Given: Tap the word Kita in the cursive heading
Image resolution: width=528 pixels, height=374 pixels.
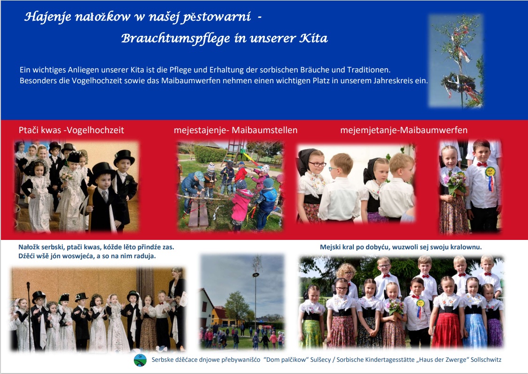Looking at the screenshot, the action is click(x=313, y=38).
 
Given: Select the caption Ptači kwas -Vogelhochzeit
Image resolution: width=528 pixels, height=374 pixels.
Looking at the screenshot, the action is click(x=71, y=130).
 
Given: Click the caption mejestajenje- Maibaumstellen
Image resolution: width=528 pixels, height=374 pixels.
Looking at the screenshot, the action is click(x=236, y=130).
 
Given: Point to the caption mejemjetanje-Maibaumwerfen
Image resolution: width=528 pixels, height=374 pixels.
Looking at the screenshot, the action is click(x=404, y=130).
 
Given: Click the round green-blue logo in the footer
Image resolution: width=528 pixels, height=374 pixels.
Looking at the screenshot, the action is click(x=140, y=360).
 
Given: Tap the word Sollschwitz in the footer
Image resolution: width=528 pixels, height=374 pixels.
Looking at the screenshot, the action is click(x=486, y=359).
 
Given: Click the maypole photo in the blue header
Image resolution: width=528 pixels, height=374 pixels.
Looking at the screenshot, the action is click(x=456, y=61).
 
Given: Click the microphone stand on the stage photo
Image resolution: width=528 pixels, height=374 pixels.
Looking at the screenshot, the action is click(x=29, y=315).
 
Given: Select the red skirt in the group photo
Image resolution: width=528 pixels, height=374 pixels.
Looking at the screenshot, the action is click(x=447, y=331).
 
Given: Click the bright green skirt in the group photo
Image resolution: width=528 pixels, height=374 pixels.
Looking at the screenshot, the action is click(x=311, y=334).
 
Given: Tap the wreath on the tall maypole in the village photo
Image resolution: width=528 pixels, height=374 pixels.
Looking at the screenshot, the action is click(x=256, y=275).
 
